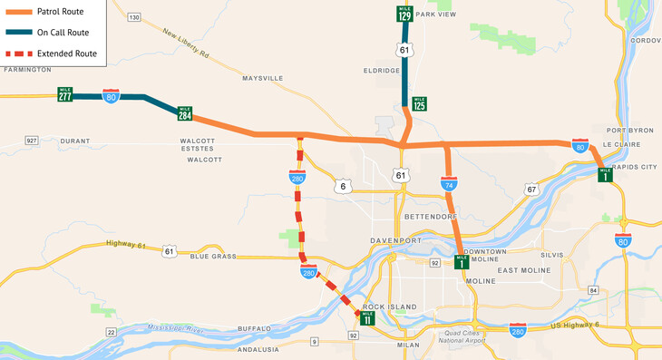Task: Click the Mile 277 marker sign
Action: point(65,94)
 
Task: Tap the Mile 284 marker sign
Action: point(185,113)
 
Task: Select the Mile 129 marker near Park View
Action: point(404,15)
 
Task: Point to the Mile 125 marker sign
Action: point(419,104)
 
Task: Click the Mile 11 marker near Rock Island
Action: point(367,317)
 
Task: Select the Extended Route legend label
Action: point(67,54)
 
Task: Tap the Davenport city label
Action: point(396,240)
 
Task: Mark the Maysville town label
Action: point(263,79)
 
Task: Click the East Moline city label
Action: point(524,270)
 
